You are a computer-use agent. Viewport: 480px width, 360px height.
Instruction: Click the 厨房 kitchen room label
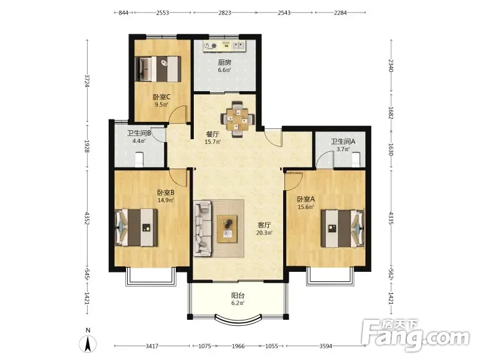pyautogui.click(x=224, y=62)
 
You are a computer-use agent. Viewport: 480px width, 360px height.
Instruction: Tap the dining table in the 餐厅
pyautogui.click(x=238, y=119)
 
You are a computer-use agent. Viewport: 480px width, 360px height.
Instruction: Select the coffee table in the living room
pyautogui.click(x=227, y=229)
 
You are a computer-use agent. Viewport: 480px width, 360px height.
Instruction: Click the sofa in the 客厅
pyautogui.click(x=202, y=229)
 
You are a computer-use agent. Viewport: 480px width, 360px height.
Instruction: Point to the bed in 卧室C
pyautogui.click(x=158, y=69)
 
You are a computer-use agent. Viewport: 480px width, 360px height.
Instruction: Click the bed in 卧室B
pyautogui.click(x=137, y=227)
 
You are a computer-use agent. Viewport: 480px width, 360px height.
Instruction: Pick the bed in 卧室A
pyautogui.click(x=343, y=229)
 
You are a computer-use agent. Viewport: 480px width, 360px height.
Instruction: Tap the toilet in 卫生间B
pyautogui.click(x=139, y=160)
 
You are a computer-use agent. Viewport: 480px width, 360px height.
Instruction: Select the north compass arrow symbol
pyautogui.click(x=88, y=344)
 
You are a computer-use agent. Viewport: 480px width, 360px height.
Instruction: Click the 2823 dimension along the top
pyautogui.click(x=224, y=13)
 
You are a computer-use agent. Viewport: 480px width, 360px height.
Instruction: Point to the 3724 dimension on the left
pyautogui.click(x=87, y=81)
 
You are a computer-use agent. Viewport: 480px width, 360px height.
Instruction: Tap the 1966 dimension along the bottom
pyautogui.click(x=238, y=346)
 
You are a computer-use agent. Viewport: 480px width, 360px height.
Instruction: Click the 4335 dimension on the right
pyautogui.click(x=391, y=218)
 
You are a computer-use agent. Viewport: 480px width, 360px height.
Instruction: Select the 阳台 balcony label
pyautogui.click(x=238, y=296)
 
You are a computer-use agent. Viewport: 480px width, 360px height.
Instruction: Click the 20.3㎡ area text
pyautogui.click(x=264, y=233)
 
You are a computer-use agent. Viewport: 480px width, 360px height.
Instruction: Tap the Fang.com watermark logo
pyautogui.click(x=415, y=335)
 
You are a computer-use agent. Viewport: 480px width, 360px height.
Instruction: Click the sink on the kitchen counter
pyautogui.click(x=238, y=46)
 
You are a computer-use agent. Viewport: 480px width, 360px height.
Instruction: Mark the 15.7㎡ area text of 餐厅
pyautogui.click(x=213, y=142)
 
